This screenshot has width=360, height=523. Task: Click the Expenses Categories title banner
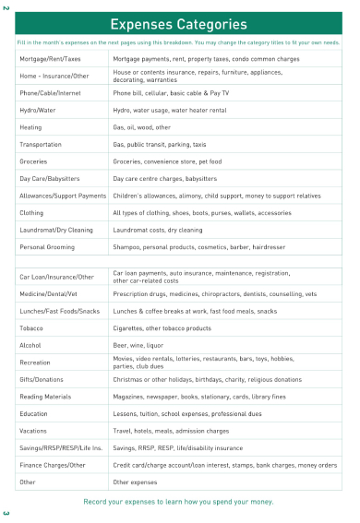(180, 23)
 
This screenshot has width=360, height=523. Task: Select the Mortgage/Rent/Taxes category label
(50, 58)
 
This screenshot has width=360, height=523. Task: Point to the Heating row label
(30, 127)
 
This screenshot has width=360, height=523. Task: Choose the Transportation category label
(42, 144)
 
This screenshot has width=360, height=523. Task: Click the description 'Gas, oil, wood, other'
(141, 127)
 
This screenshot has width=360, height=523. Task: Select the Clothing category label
(32, 212)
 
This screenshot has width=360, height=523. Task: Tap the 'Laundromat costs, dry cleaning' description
(157, 230)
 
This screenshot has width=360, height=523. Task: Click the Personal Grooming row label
(46, 246)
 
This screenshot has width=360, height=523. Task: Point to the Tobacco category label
(31, 327)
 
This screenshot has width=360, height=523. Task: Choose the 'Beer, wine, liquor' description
(138, 345)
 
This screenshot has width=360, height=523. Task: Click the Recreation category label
(35, 363)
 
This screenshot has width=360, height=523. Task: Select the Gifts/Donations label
(42, 379)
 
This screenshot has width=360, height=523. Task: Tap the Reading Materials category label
(45, 397)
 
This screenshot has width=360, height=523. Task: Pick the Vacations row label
(33, 431)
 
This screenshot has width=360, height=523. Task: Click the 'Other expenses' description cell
(135, 481)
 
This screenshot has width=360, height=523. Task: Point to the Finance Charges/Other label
(53, 465)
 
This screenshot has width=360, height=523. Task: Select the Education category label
(33, 413)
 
